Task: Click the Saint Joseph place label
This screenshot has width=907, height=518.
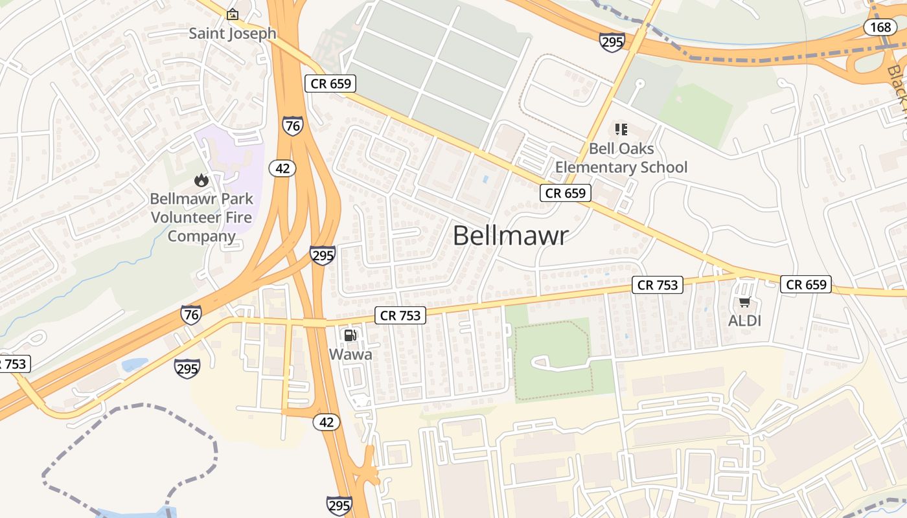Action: pyautogui.click(x=232, y=33)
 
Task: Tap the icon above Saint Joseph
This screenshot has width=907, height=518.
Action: pyautogui.click(x=232, y=14)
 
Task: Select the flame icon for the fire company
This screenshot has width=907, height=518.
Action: pyautogui.click(x=201, y=180)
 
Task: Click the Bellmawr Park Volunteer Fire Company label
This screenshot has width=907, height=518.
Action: pyautogui.click(x=201, y=217)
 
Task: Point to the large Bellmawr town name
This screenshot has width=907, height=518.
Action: pyautogui.click(x=511, y=235)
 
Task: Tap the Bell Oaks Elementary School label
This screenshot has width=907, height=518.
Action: pyautogui.click(x=621, y=158)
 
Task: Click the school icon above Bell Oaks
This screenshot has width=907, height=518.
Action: pyautogui.click(x=621, y=129)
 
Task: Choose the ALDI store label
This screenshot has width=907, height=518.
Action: pyautogui.click(x=744, y=321)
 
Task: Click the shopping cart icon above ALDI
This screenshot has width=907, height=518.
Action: pyautogui.click(x=744, y=302)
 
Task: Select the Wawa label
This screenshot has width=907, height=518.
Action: pyautogui.click(x=350, y=354)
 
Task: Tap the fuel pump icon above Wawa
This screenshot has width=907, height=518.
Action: pyautogui.click(x=350, y=335)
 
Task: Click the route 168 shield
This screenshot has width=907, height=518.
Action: pyautogui.click(x=880, y=27)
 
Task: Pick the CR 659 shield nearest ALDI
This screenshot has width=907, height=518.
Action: pyautogui.click(x=805, y=284)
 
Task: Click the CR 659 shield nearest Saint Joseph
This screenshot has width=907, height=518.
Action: pyautogui.click(x=330, y=83)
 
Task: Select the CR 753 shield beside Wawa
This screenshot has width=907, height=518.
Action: pyautogui.click(x=400, y=315)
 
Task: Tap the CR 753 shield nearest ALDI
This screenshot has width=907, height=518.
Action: pyautogui.click(x=658, y=284)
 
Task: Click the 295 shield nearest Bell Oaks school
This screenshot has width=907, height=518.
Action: pyautogui.click(x=612, y=42)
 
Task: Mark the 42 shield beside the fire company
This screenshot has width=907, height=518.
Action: pyautogui.click(x=282, y=168)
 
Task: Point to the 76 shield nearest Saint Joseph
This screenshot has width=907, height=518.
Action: pyautogui.click(x=293, y=125)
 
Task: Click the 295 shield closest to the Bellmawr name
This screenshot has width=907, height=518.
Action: pyautogui.click(x=322, y=255)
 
